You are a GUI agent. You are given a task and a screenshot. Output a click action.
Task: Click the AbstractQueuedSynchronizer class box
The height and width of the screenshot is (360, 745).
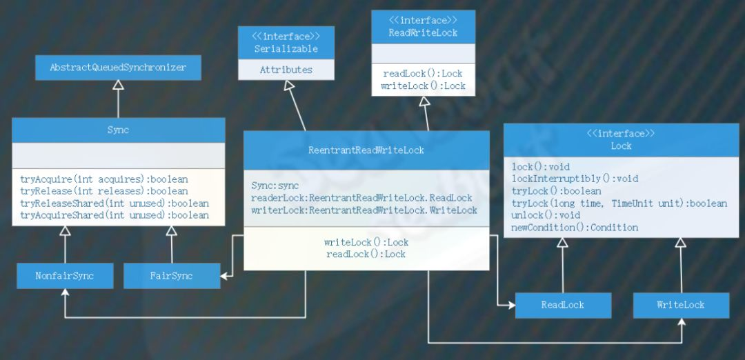click(118, 68)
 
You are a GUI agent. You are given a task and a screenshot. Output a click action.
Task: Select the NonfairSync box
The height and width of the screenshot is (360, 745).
click(64, 276)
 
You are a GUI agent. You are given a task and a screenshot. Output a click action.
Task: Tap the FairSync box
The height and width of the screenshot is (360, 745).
click(172, 276)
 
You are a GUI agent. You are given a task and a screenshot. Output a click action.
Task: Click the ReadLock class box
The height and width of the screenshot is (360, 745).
click(562, 305)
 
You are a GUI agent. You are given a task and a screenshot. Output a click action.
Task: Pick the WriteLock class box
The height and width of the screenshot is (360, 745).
click(680, 305)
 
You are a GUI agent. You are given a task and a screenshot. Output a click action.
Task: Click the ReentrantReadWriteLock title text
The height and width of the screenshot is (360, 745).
click(366, 150)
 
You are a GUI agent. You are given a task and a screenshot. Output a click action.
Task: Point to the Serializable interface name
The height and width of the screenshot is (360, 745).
click(286, 49)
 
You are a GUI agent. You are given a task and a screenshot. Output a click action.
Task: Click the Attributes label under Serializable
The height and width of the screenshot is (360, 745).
click(286, 70)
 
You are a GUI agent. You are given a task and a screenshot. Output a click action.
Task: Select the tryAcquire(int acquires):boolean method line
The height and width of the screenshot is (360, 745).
click(104, 179)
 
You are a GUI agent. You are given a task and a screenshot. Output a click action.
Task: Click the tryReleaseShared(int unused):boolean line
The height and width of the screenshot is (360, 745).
click(115, 203)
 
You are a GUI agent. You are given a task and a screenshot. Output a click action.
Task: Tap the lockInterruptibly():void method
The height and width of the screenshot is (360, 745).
click(575, 179)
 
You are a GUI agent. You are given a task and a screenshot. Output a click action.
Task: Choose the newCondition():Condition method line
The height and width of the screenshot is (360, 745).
click(575, 228)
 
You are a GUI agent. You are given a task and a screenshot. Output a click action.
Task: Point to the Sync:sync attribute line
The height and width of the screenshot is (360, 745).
click(275, 186)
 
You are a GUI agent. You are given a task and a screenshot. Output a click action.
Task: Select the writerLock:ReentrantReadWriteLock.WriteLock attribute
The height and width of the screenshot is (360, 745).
click(364, 210)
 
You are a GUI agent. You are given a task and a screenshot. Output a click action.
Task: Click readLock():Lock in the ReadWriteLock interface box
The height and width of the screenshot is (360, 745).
click(423, 74)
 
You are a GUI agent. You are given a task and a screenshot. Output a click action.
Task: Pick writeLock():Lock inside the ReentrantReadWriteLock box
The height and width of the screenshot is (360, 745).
click(366, 242)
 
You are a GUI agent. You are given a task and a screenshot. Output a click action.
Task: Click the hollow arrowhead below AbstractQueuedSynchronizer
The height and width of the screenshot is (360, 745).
click(118, 86)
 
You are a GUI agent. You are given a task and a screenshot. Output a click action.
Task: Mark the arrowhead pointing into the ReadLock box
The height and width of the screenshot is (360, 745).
click(510, 305)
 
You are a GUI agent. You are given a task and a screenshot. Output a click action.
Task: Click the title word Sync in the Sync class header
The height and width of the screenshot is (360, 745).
click(118, 130)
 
